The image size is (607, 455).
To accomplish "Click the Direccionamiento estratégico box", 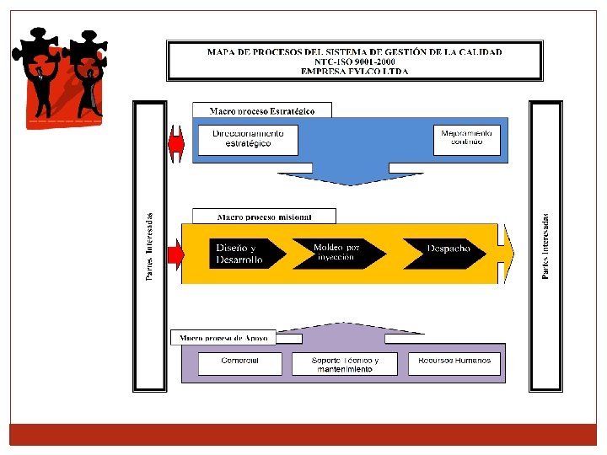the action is [248, 139].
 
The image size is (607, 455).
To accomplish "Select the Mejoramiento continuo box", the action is [466, 139].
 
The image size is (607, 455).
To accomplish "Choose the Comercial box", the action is [239, 364].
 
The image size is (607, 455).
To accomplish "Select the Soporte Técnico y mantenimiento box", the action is [346, 364].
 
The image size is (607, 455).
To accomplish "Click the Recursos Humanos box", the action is [454, 364].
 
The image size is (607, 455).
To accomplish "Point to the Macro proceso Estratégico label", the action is [262, 110].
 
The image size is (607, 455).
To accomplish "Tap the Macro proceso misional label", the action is [264, 217].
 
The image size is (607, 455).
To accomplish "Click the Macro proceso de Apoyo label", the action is [223, 338].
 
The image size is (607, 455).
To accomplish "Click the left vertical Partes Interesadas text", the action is [150, 246].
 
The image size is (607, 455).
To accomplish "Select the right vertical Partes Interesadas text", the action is [545, 246].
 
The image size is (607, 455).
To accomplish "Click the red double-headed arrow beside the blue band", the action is [176, 144].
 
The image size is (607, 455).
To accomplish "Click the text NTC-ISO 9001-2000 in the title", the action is [354, 62].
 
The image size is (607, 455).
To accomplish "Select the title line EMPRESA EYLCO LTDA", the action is [354, 72].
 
